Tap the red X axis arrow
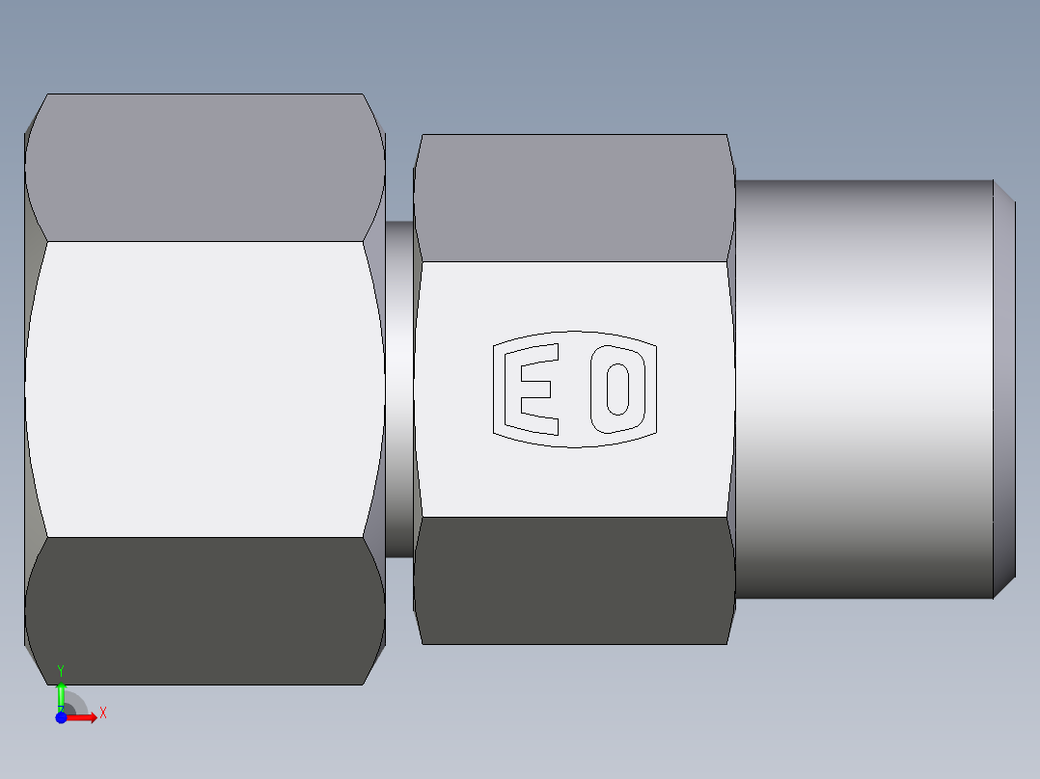click(85, 717)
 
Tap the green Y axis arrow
click(61, 692)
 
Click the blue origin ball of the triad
click(61, 717)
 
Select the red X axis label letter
click(103, 713)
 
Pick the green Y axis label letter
click(61, 669)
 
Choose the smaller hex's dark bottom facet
click(574, 580)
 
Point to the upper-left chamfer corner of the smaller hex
click(419, 149)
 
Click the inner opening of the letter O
click(617, 388)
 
